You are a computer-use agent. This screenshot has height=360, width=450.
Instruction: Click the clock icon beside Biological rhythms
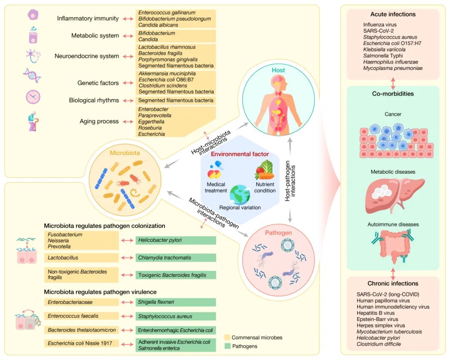(33, 97)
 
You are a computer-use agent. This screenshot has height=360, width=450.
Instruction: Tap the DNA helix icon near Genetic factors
(32, 76)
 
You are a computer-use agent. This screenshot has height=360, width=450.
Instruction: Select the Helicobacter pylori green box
(176, 240)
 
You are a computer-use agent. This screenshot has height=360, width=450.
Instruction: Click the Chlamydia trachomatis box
(176, 257)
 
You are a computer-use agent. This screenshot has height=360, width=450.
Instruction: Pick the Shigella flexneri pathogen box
(176, 302)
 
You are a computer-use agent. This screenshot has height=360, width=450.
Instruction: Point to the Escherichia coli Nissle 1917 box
(81, 344)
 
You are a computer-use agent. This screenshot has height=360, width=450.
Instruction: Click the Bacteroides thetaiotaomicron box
(81, 330)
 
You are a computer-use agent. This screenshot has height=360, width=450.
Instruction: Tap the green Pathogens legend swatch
(227, 346)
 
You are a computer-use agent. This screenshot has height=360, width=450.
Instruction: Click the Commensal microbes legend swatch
(227, 337)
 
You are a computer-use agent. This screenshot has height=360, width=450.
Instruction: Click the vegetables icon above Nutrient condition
(264, 170)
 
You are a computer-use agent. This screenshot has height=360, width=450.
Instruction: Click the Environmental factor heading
(240, 154)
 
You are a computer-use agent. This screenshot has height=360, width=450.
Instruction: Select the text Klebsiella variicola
(384, 49)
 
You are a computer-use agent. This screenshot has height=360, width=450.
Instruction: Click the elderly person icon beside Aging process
(33, 122)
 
